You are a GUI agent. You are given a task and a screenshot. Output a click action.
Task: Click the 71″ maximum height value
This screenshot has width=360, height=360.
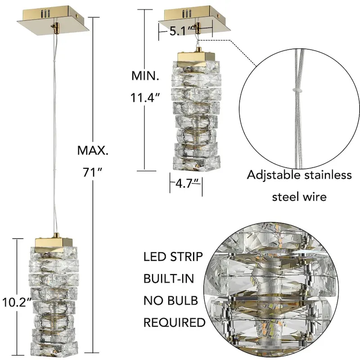pos(92,173)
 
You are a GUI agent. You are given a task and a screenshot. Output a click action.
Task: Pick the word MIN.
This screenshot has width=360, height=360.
pos(145,76)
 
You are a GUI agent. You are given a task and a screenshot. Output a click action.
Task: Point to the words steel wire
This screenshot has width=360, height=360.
pos(299,197)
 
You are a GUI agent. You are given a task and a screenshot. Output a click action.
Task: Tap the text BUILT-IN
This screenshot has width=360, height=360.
pos(169,279)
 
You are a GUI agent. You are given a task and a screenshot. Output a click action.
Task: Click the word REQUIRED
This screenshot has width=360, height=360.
pos(174,322)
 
